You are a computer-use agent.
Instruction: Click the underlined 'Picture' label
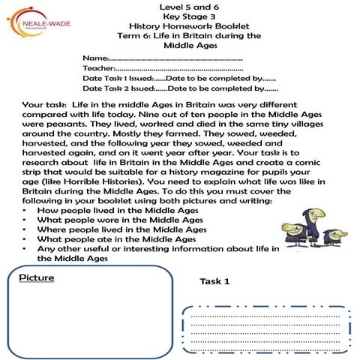(x=36, y=278)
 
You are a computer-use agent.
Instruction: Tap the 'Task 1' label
(x=214, y=281)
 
